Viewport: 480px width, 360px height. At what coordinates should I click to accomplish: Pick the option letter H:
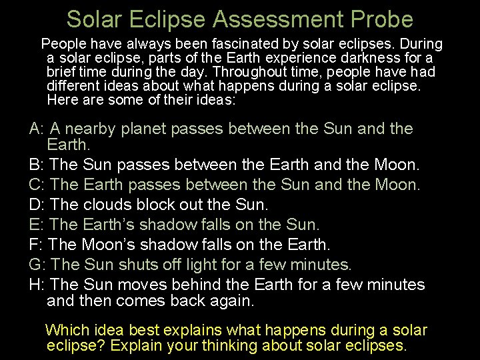37,285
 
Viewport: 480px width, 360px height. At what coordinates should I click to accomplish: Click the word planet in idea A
145,129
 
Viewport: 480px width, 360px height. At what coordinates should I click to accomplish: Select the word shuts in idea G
137,265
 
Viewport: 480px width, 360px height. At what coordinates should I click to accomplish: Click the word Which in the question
65,330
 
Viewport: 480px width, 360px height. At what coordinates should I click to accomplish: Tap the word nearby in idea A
92,129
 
